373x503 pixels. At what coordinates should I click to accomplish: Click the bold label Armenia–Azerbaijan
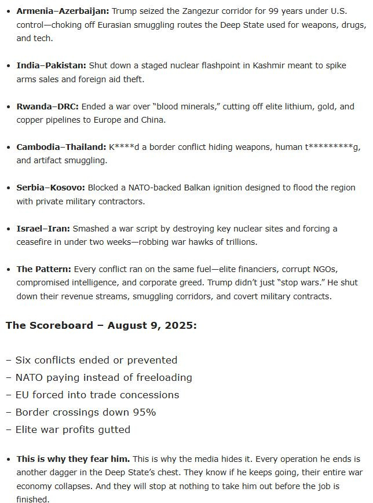tap(62, 11)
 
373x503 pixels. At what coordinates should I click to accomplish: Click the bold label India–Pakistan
tap(52, 65)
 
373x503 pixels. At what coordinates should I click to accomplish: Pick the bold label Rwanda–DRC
tap(47, 107)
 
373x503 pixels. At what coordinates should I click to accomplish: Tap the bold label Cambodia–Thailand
tap(61, 147)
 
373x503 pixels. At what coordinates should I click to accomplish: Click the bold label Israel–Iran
tap(43, 229)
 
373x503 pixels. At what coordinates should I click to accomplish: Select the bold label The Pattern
tap(41, 269)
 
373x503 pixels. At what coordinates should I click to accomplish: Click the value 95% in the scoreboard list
tap(142, 412)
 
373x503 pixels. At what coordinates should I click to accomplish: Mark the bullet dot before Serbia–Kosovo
tap(9, 188)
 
